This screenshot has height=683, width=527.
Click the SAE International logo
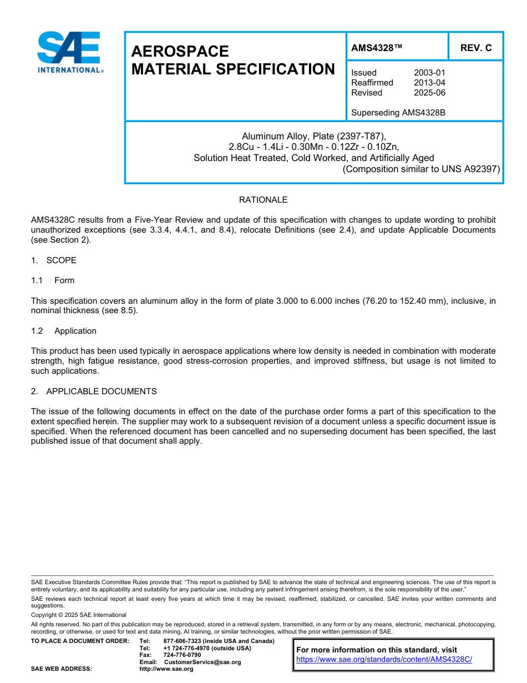[69, 52]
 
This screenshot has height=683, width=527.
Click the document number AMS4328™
[377, 48]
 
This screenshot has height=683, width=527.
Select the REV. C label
[475, 48]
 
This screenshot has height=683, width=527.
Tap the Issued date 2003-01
[429, 73]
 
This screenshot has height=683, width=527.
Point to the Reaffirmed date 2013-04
[429, 83]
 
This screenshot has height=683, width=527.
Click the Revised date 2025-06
[429, 93]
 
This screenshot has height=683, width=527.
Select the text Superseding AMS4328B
[398, 113]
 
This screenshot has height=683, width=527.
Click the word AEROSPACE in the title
[180, 52]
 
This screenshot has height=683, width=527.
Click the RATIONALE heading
[263, 200]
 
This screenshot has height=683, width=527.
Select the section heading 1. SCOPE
[54, 260]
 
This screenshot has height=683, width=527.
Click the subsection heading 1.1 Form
[53, 280]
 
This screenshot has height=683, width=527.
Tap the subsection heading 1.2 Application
[64, 331]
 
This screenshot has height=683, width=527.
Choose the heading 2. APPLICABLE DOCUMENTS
[94, 391]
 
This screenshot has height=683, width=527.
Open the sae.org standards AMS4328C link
[384, 660]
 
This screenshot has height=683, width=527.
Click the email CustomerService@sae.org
[202, 662]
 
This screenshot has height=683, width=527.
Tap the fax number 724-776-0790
[182, 655]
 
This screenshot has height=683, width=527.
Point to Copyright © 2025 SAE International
[79, 615]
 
